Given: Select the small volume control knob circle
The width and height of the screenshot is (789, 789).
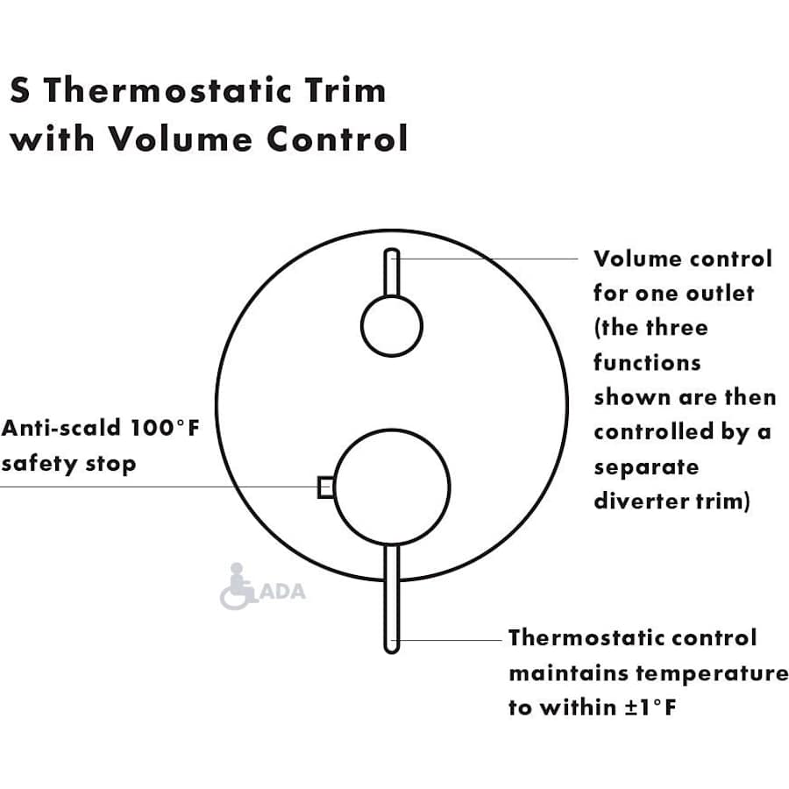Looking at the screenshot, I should [x=392, y=326].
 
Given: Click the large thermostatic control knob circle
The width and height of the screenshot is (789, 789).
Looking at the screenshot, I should [x=392, y=487].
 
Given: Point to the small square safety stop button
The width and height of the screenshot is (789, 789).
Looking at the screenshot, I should [x=325, y=487].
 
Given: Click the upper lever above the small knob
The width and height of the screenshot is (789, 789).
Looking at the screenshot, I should [x=392, y=274].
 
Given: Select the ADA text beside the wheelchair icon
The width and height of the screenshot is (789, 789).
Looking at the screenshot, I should [x=283, y=591].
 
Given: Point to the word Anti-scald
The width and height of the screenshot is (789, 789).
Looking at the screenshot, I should [x=61, y=429].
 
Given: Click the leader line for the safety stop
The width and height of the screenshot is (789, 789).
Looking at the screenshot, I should [x=158, y=487].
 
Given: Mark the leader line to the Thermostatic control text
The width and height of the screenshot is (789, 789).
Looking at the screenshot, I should [x=451, y=640].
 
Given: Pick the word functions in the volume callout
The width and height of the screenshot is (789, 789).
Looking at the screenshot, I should [x=648, y=362].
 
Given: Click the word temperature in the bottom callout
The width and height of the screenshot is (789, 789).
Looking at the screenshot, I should [x=711, y=673].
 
